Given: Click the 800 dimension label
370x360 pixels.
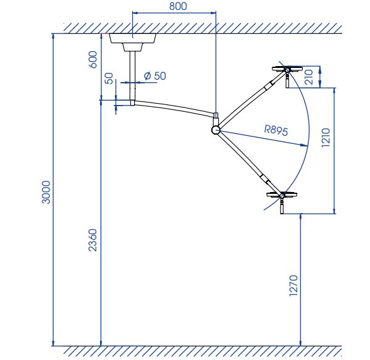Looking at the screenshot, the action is [x=178, y=6].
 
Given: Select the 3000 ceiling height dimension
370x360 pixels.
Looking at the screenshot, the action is [x=46, y=192].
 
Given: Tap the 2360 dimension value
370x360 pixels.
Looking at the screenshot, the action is [x=93, y=240].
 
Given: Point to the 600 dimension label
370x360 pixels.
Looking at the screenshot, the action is [x=93, y=59].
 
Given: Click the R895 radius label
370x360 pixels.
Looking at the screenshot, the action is [x=276, y=131].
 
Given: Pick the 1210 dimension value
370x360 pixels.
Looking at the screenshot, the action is [x=326, y=138].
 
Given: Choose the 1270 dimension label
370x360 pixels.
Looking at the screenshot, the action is [x=293, y=285].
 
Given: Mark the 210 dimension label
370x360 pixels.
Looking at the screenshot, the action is [x=309, y=77].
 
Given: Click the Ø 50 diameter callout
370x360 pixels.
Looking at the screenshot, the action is [x=155, y=76].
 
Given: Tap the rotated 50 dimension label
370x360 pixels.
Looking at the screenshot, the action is [x=109, y=78].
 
